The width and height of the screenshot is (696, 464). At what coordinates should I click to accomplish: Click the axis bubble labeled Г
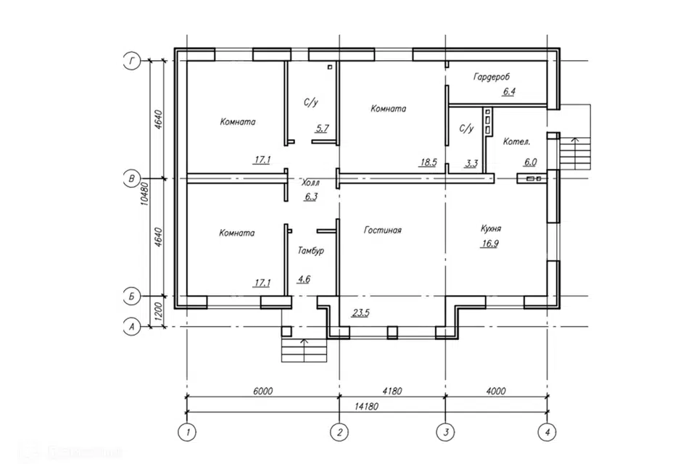point(131,60)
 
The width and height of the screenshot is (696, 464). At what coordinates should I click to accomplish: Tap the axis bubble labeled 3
point(445,432)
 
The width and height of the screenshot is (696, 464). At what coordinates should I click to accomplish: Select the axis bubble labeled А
point(131,327)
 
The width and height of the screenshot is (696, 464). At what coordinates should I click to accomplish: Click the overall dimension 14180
point(367,406)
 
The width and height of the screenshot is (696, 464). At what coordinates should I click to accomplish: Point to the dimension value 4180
point(392,391)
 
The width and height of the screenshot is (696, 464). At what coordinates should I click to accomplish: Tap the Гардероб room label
point(492,77)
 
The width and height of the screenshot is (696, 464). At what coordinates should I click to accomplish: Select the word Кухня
point(491,228)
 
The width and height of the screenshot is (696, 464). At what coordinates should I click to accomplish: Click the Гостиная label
point(383,230)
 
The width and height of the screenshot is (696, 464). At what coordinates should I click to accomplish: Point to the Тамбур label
point(311,250)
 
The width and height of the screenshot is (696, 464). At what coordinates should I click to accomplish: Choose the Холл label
point(311,183)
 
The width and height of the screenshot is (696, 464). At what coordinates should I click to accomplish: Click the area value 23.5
point(360,312)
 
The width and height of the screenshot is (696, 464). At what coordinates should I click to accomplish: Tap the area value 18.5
point(428,162)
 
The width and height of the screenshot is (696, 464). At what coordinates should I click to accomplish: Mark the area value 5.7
point(322,128)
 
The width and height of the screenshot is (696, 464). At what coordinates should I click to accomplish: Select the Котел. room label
point(516,141)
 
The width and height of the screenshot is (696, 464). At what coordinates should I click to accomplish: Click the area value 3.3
point(471,163)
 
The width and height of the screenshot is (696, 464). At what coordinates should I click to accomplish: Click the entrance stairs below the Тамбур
point(304,350)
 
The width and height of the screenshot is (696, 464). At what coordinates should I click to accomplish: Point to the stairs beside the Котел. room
point(575,153)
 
